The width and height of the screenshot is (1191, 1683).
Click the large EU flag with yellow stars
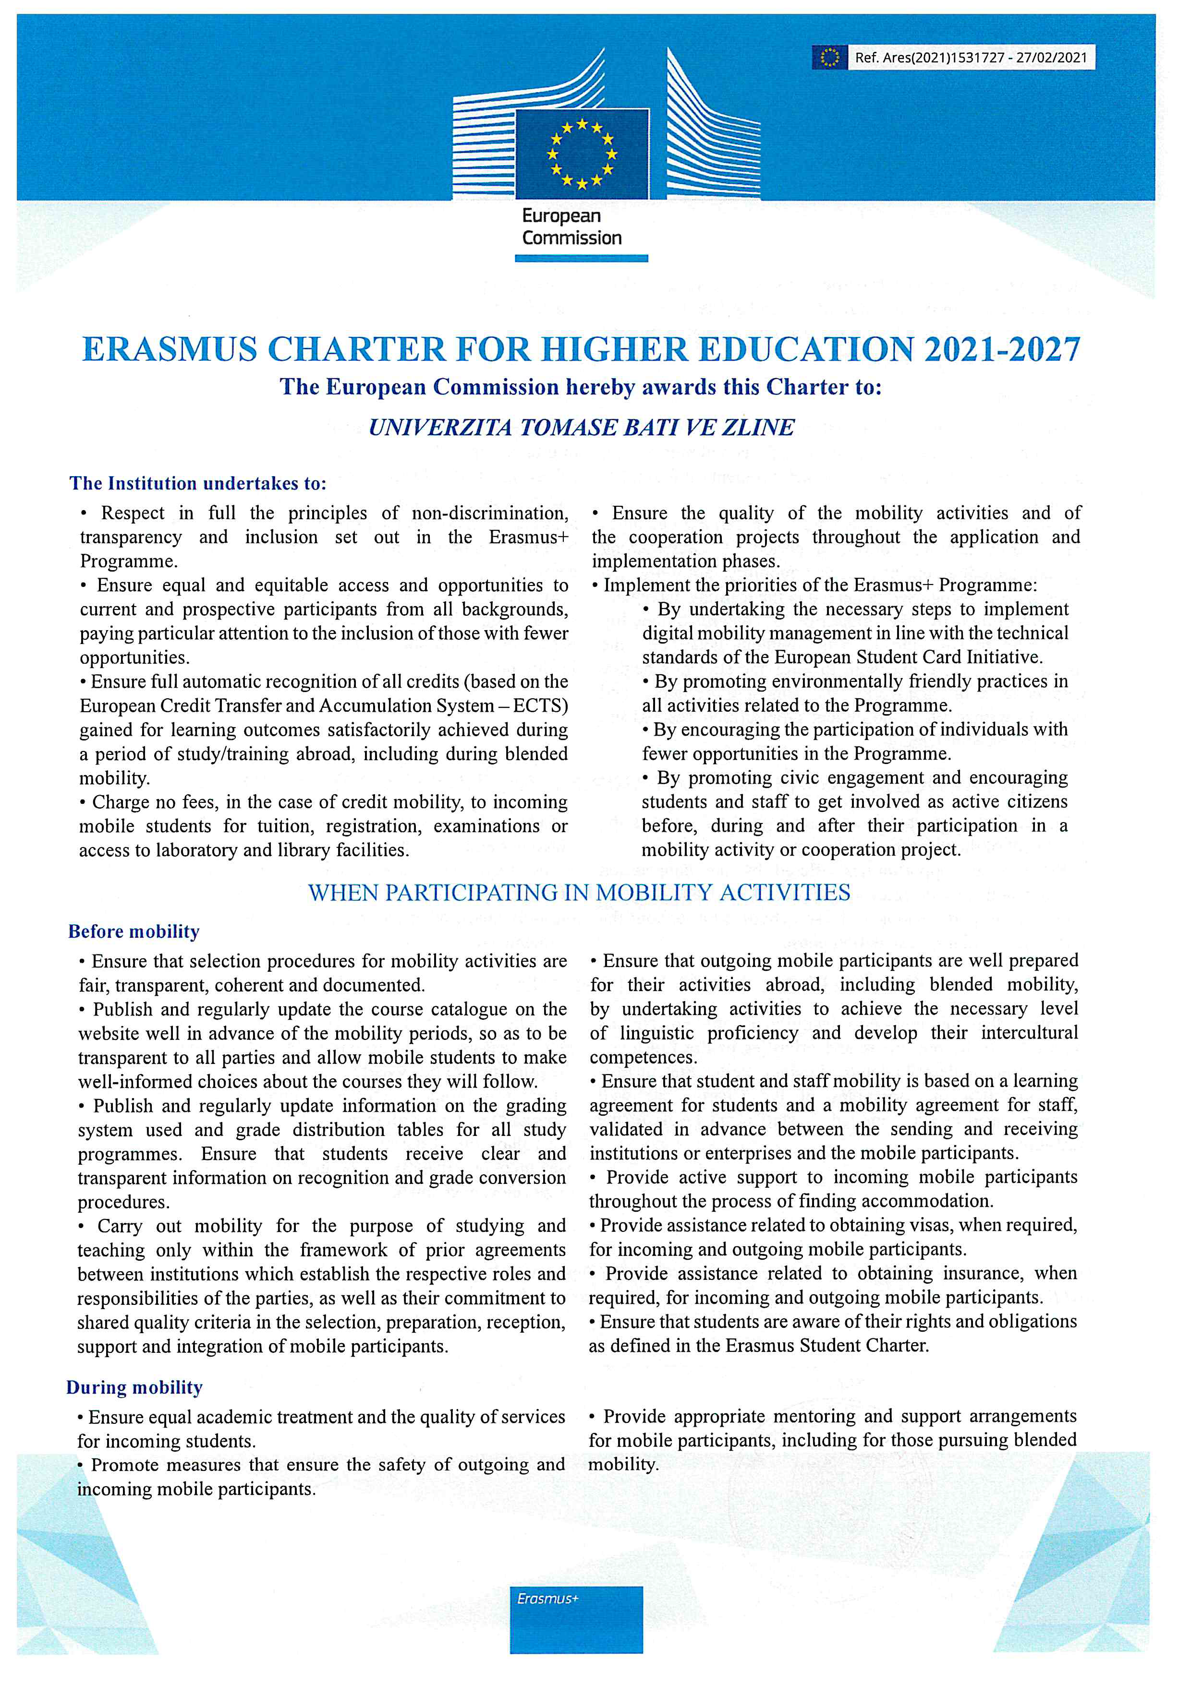[x=582, y=154]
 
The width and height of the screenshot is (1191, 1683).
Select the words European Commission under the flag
[x=571, y=227]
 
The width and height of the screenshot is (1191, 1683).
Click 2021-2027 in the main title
[x=1002, y=350]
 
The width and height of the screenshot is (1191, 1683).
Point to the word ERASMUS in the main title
[x=170, y=350]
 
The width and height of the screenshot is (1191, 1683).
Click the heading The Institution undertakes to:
[x=198, y=484]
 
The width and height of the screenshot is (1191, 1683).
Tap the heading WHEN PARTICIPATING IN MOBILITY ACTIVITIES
[x=579, y=893]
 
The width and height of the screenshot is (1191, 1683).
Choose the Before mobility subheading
[x=134, y=931]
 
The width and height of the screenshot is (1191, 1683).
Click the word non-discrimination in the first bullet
[x=489, y=513]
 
